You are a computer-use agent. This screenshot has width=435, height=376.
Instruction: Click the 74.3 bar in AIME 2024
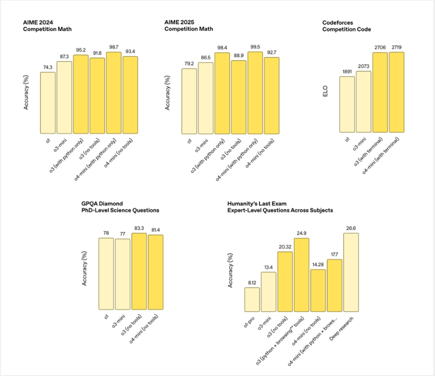[48, 103]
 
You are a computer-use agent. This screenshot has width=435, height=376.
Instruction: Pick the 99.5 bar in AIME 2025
[255, 93]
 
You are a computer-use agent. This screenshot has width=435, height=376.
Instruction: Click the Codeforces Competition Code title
[347, 26]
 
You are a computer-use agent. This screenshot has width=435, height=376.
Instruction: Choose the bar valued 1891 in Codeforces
[347, 105]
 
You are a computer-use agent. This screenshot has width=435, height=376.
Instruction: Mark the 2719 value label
[396, 47]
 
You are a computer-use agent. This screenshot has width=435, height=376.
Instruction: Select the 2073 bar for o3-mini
[363, 102]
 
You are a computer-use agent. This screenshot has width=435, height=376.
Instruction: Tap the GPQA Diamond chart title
[120, 207]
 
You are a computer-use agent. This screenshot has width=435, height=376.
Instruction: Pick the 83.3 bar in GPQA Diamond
[139, 272]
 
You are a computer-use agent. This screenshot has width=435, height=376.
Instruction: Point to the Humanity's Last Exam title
[280, 207]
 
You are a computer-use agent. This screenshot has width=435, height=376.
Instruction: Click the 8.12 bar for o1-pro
[252, 299]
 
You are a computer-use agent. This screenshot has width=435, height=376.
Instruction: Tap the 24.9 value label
[301, 233]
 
